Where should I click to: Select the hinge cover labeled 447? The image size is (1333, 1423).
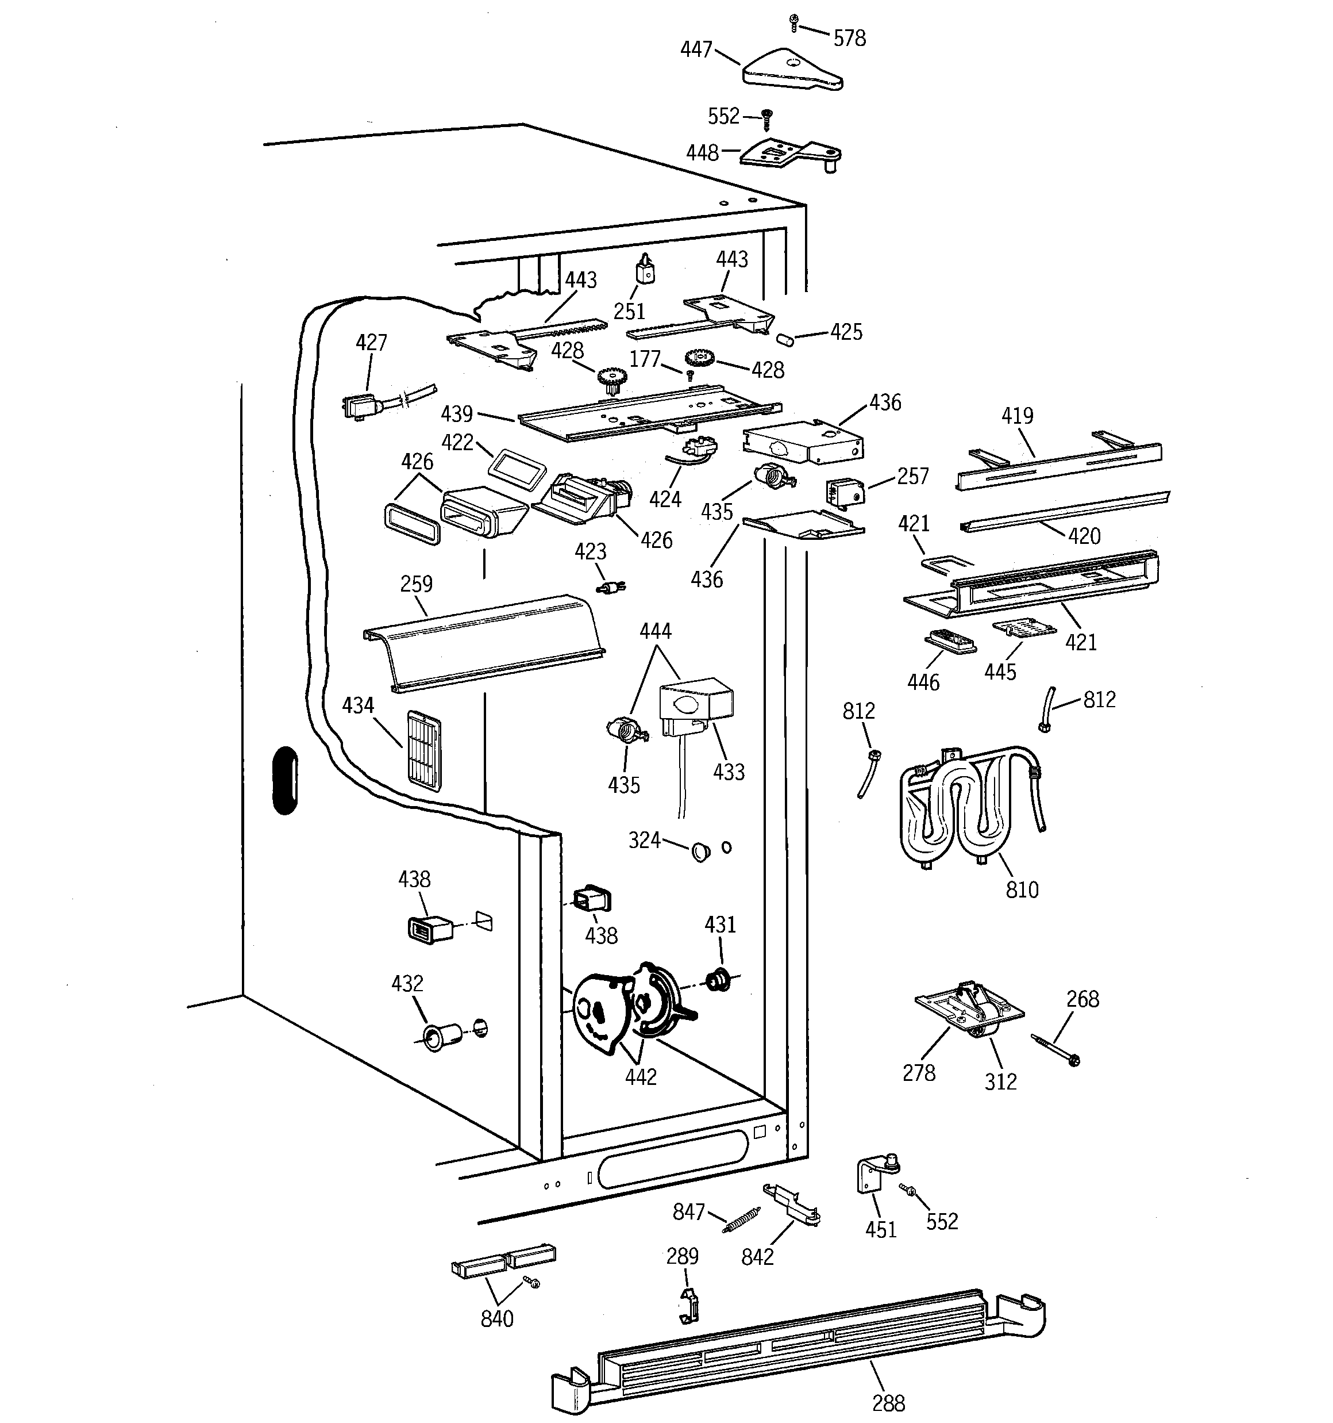[791, 71]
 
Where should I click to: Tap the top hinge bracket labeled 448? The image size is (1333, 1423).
[787, 154]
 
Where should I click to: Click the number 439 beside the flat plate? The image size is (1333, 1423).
[457, 414]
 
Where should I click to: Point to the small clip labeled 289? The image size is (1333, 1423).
[688, 1306]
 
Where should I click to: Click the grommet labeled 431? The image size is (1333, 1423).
[716, 980]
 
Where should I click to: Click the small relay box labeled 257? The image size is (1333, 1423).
[845, 492]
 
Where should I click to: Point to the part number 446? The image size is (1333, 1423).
[922, 681]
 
